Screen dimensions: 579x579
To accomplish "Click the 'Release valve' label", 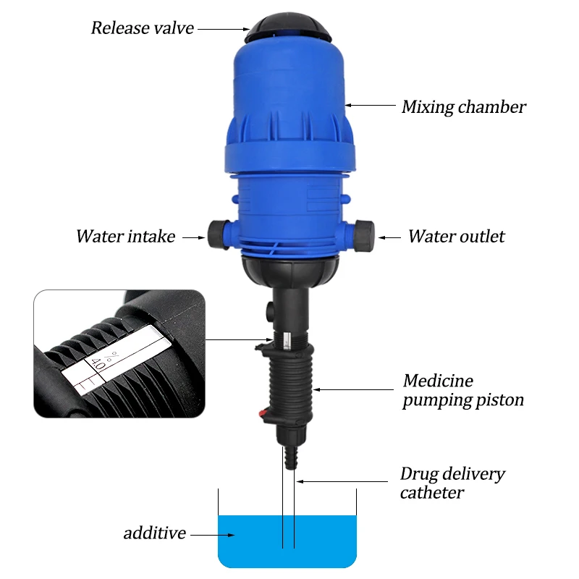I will click(x=143, y=28).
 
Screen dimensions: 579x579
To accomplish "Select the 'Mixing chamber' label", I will click(x=463, y=107).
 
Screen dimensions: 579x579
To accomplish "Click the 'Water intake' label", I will click(x=126, y=237).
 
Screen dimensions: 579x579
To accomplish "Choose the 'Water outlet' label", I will click(x=456, y=237).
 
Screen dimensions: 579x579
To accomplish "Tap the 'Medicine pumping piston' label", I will click(x=463, y=390).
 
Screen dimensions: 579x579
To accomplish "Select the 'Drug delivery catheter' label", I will click(x=453, y=483).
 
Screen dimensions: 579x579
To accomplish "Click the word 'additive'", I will click(x=154, y=534).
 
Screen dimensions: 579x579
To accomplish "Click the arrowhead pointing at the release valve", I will click(x=244, y=29).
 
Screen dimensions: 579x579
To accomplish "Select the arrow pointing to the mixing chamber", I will click(x=349, y=106).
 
